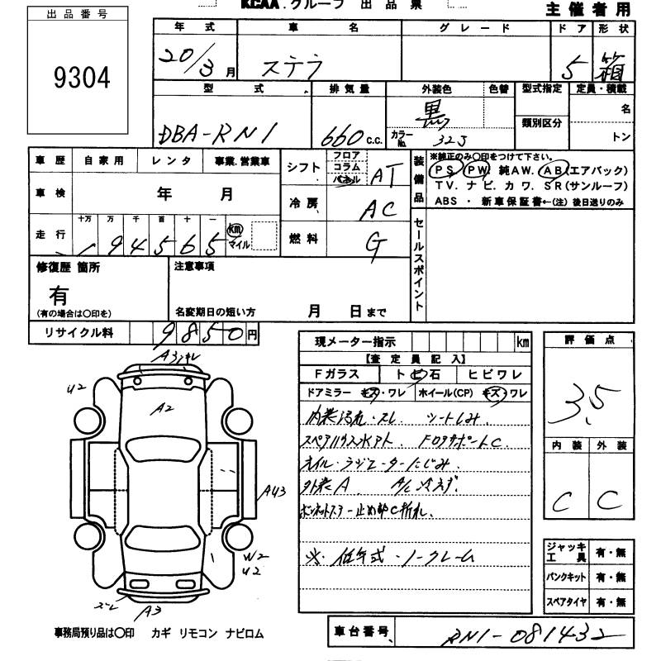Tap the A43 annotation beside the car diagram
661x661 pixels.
(x=275, y=492)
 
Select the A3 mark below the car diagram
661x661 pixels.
(x=150, y=612)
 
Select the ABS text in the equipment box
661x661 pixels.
(x=445, y=200)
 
